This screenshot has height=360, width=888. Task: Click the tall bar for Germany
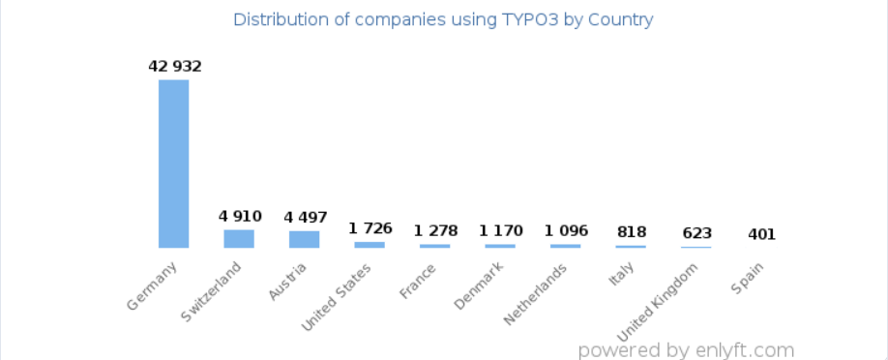click(x=173, y=164)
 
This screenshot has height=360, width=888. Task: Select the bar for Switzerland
click(x=239, y=238)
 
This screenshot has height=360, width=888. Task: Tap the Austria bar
click(x=304, y=239)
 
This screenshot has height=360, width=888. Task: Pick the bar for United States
click(x=370, y=245)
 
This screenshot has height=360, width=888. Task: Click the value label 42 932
click(x=174, y=67)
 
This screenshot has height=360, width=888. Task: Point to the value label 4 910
click(x=239, y=216)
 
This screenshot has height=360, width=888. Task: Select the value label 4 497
click(x=304, y=217)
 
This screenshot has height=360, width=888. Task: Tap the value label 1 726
click(x=370, y=228)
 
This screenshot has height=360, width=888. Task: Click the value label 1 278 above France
click(x=434, y=230)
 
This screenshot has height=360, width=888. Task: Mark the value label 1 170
click(x=500, y=231)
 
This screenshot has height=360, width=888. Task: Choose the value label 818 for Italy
click(x=631, y=232)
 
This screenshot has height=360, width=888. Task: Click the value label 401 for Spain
click(x=761, y=234)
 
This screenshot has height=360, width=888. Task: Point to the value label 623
click(x=696, y=233)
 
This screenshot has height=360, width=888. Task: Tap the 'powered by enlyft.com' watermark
click(x=685, y=349)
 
